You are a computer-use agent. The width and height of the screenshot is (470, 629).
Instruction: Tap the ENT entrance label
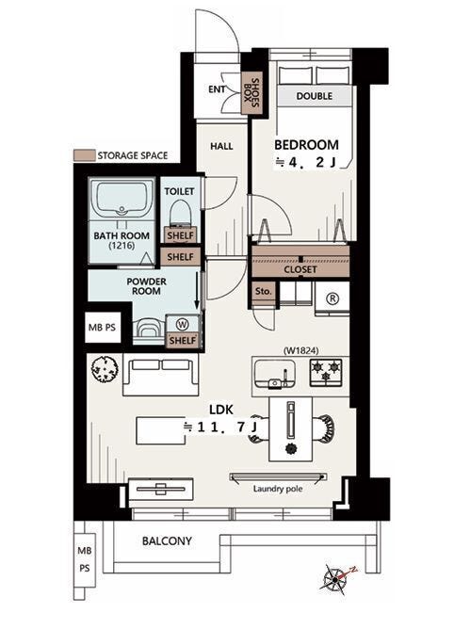pyautogui.click(x=217, y=89)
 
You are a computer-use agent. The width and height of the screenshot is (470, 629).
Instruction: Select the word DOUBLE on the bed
pyautogui.click(x=315, y=96)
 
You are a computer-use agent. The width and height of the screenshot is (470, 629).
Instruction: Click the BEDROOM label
pyautogui.click(x=307, y=144)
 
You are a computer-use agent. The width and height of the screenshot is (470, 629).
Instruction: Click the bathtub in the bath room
pyautogui.click(x=122, y=199)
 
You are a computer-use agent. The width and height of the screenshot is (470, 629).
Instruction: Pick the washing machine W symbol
pyautogui.click(x=183, y=323)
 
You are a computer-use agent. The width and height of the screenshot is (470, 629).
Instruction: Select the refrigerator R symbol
pyautogui.click(x=332, y=298)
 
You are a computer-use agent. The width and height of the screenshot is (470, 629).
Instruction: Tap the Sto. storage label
pyautogui.click(x=264, y=291)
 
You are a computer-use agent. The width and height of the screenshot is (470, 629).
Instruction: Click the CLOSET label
pyautogui.click(x=300, y=269)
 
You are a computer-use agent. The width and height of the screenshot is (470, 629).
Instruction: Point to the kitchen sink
pyautogui.click(x=276, y=374)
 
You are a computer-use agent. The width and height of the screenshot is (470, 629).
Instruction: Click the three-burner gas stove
pyautogui.click(x=326, y=373)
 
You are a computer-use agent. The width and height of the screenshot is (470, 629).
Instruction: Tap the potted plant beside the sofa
pyautogui.click(x=105, y=369)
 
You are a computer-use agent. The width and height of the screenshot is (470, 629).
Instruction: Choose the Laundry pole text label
pyautogui.click(x=278, y=489)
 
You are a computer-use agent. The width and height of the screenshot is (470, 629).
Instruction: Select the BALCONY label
pyautogui.click(x=167, y=540)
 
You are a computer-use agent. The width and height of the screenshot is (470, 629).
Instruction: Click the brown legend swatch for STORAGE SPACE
pyautogui.click(x=85, y=155)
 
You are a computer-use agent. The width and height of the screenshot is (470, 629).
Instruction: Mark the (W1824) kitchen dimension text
pyautogui.click(x=301, y=350)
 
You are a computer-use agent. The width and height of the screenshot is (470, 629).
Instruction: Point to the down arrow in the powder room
pyautogui.click(x=197, y=290)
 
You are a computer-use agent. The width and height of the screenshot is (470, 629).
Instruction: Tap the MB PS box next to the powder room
pyautogui.click(x=103, y=328)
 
